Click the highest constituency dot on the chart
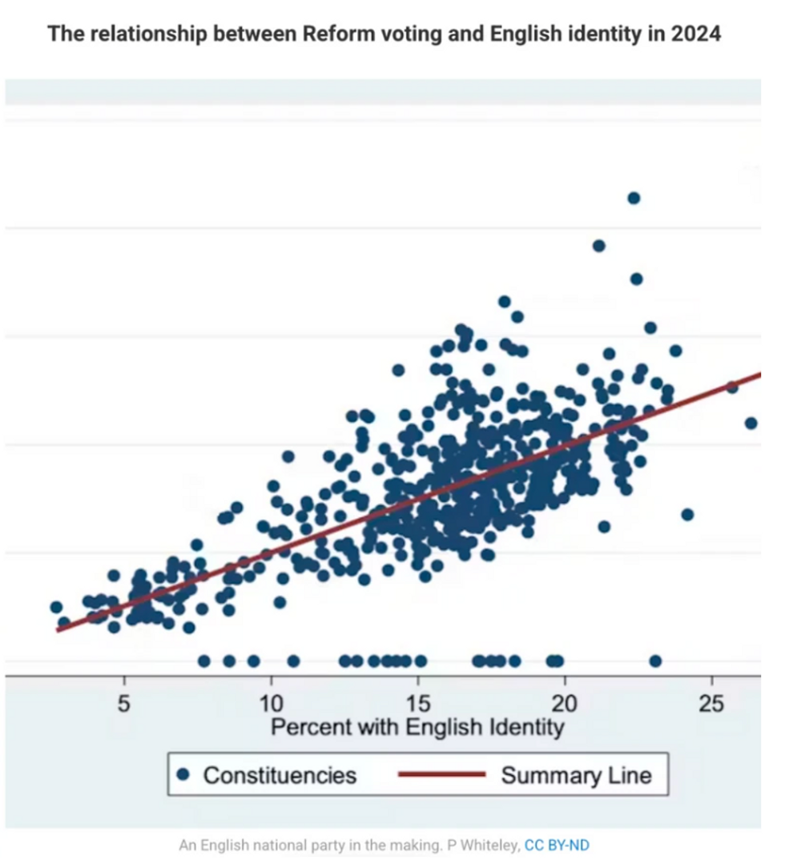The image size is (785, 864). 634,198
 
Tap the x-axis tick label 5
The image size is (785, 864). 124,705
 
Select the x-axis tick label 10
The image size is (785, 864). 271,705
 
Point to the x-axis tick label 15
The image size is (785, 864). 418,705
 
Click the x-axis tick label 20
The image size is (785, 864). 565,705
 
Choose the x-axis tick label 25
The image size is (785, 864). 711,705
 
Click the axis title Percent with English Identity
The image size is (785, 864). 417,727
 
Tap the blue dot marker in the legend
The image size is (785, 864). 183,774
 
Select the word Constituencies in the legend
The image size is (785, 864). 280,775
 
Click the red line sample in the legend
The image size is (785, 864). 441,774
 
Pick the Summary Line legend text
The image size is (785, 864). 576,775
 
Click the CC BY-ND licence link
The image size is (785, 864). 557,845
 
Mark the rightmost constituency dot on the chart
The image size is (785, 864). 751,423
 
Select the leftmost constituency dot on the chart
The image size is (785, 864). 56,607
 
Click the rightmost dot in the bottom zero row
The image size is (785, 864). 655,661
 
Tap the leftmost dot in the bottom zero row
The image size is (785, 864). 203,661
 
